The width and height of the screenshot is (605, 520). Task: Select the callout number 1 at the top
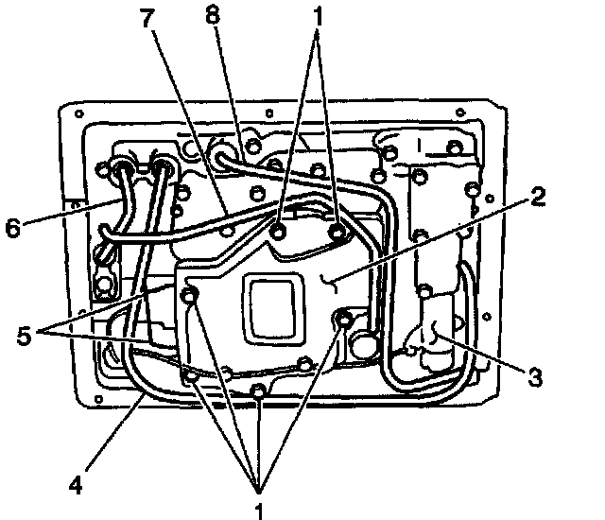[320, 16]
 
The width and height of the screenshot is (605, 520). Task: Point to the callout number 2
[538, 198]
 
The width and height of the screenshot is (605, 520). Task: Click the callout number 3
[535, 377]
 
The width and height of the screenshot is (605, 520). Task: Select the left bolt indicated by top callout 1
[279, 229]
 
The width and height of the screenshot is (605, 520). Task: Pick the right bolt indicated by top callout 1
[337, 230]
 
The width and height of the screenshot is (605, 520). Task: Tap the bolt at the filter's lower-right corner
[342, 322]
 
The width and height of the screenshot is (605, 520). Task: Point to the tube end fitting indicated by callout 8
[222, 150]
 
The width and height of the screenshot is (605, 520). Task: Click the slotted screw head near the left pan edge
[104, 254]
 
